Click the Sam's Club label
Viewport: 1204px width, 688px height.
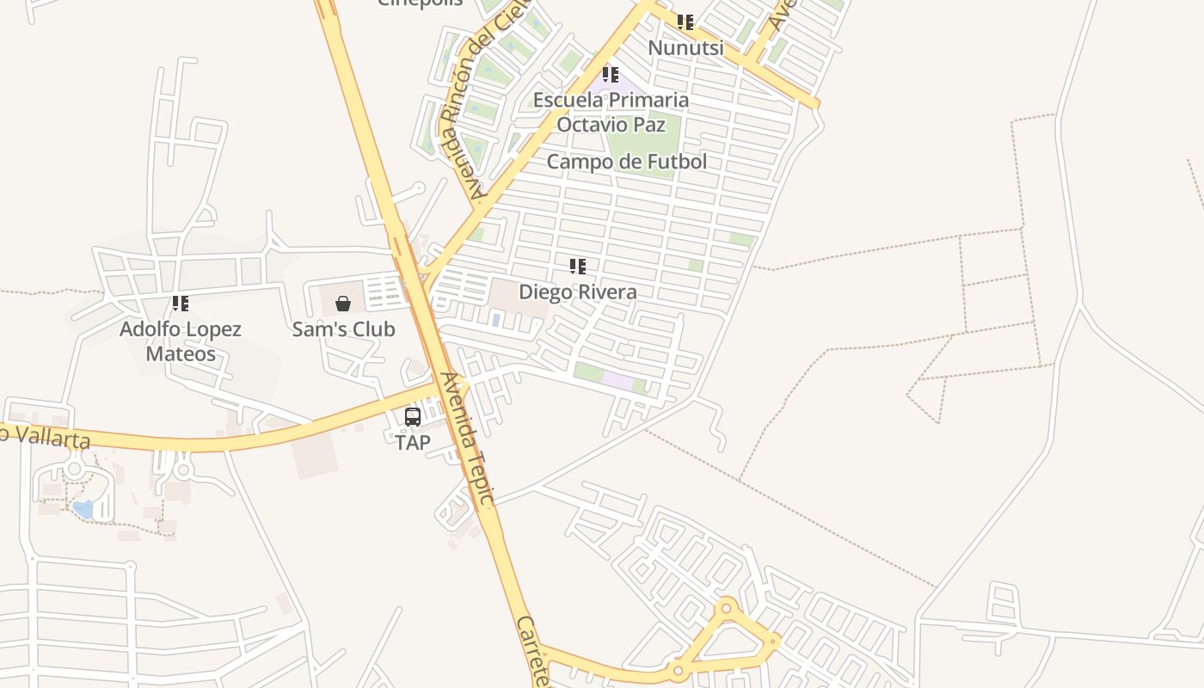coord(343,329)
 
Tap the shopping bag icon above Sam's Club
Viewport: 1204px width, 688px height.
coord(343,303)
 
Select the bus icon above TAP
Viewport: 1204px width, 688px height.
coord(413,417)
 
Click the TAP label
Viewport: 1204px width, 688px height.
coord(413,443)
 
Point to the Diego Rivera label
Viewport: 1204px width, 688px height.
coord(578,292)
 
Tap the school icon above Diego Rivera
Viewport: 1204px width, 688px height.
coord(578,267)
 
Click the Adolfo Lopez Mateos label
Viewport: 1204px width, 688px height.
coord(181,341)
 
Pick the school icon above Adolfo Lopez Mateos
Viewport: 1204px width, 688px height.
coord(181,303)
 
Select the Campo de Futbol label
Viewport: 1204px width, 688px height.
coord(627,162)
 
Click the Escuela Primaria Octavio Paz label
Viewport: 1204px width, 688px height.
coord(611,112)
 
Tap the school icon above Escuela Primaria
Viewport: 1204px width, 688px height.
coord(611,75)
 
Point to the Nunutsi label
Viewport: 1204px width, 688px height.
coord(685,48)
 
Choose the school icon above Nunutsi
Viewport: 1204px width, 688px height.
coord(685,22)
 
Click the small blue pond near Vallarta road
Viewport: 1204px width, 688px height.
coord(83,509)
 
